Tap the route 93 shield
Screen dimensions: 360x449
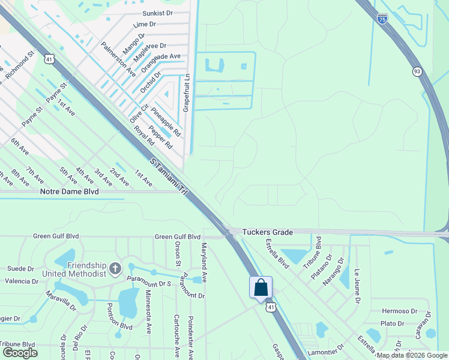(417, 71)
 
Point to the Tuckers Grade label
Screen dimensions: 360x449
(268, 232)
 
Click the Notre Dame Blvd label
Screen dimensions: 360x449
(68, 191)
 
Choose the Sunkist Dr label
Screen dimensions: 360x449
(157, 13)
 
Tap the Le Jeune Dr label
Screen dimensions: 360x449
(357, 286)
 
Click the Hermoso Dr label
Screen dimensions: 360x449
(399, 311)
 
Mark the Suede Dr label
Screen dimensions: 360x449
(20, 268)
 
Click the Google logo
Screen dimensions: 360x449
(19, 353)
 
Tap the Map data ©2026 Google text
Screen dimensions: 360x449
(412, 355)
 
